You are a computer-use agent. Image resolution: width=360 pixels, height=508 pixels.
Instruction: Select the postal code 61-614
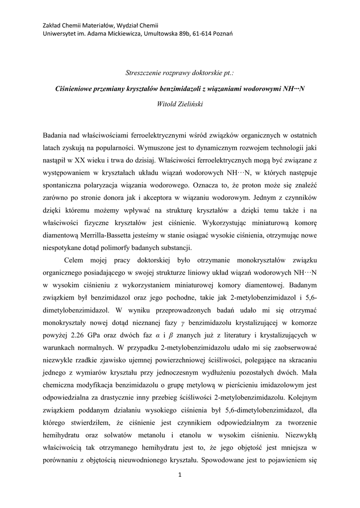[x=197, y=33]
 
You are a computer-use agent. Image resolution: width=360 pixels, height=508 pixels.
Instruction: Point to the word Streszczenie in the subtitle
[x=145, y=73]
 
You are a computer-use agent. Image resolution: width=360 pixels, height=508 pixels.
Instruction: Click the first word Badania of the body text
[x=57, y=135]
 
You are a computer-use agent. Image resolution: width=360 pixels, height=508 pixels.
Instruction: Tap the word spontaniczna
[x=67, y=186]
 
